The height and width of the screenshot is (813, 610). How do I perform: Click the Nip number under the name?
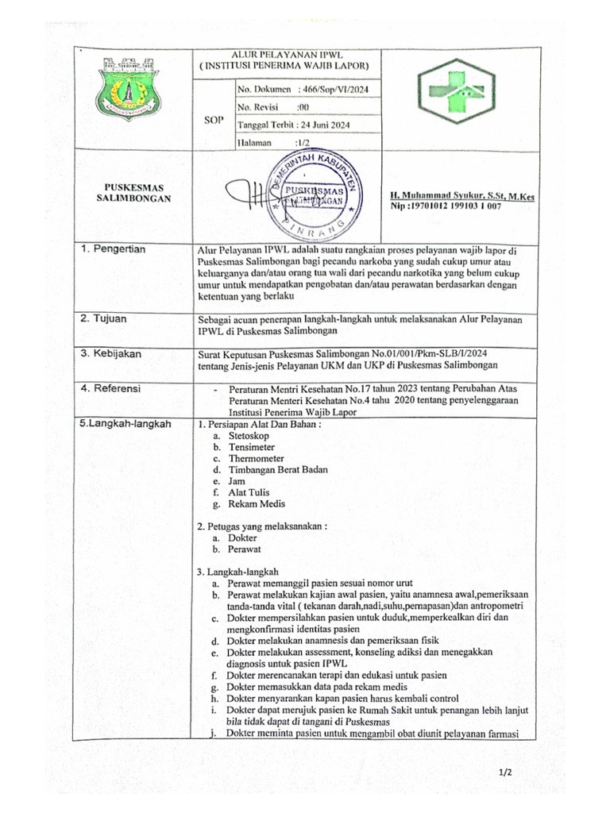click(445, 206)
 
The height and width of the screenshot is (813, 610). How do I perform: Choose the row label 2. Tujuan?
click(106, 318)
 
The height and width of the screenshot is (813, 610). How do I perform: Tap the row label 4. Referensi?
click(111, 388)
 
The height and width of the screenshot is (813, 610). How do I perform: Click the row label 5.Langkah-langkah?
click(126, 424)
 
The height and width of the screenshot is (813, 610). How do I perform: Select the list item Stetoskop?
click(249, 437)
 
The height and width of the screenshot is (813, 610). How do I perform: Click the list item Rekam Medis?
click(257, 503)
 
